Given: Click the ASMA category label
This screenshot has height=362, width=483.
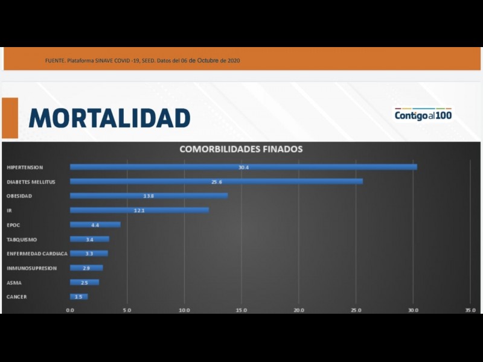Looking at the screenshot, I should pyautogui.click(x=14, y=282).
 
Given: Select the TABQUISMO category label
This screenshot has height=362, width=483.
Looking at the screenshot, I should pyautogui.click(x=22, y=240).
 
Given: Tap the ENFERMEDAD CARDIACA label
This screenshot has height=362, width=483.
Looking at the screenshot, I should pyautogui.click(x=37, y=253).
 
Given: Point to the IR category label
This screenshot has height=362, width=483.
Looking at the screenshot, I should pyautogui.click(x=9, y=211).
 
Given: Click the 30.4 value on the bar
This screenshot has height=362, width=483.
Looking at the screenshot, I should pyautogui.click(x=244, y=167).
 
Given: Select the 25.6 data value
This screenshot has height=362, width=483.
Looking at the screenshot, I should pyautogui.click(x=216, y=182).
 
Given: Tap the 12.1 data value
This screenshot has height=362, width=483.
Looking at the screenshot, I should pyautogui.click(x=139, y=210).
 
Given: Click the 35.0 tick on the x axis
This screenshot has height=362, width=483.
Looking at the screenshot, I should pyautogui.click(x=470, y=310).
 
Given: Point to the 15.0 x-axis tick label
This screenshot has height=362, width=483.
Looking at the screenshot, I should pyautogui.click(x=241, y=310).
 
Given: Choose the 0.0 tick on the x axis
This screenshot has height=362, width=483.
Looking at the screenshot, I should pyautogui.click(x=70, y=310).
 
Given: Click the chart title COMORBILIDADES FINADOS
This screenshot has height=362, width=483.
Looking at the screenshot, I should pyautogui.click(x=241, y=149).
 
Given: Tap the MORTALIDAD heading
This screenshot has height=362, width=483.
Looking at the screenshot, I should pyautogui.click(x=109, y=118).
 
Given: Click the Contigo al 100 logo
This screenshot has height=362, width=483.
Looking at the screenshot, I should pyautogui.click(x=423, y=114).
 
